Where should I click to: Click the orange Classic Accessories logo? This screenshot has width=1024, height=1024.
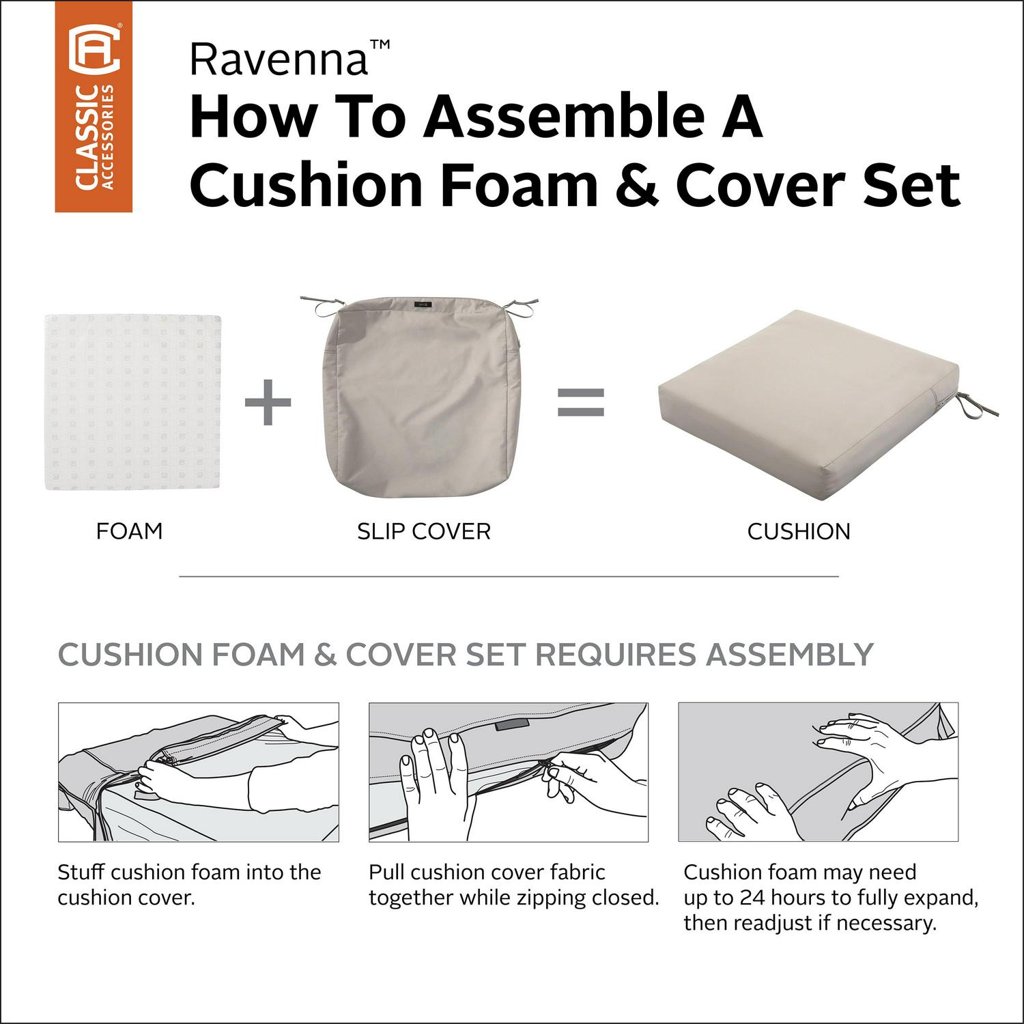(x=94, y=106)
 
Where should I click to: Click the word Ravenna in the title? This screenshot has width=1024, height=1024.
(x=279, y=59)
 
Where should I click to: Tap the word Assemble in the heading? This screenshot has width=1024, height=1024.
(x=564, y=117)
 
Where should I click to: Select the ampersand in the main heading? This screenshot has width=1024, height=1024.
(x=637, y=186)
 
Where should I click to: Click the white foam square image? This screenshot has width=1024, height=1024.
(x=133, y=401)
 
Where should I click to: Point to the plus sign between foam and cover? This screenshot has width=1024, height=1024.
(x=268, y=401)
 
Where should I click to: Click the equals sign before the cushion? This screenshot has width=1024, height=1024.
(x=581, y=402)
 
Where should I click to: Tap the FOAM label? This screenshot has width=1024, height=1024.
(x=129, y=531)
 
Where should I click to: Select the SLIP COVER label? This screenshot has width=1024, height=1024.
(x=424, y=532)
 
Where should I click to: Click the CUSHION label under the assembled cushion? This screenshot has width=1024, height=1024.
(x=799, y=532)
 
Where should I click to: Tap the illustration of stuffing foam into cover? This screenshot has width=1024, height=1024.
(x=199, y=772)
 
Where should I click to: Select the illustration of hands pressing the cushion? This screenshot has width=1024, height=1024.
(x=819, y=772)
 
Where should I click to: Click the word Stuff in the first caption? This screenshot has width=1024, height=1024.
(x=81, y=872)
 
